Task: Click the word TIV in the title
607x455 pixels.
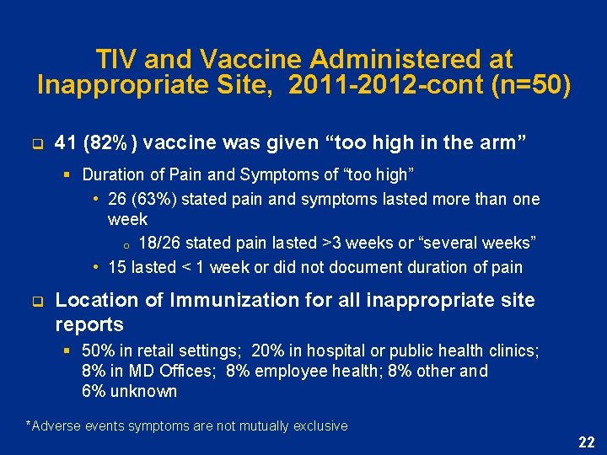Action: pyautogui.click(x=116, y=60)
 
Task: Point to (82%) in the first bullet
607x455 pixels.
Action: pyautogui.click(x=113, y=143)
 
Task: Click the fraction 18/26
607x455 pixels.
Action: pyautogui.click(x=158, y=244)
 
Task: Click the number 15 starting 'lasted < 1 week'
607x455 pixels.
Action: pyautogui.click(x=117, y=267)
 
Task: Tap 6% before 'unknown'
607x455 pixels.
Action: pyautogui.click(x=94, y=391)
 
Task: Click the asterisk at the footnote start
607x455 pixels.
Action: pyautogui.click(x=30, y=425)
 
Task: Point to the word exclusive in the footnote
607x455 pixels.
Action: pyautogui.click(x=320, y=426)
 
